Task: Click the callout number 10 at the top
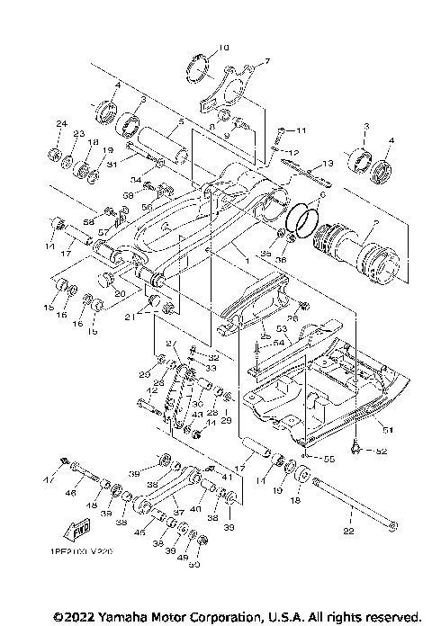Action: (224, 47)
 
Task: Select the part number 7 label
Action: (266, 62)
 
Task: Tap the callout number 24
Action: (61, 123)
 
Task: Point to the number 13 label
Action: (327, 162)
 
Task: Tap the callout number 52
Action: (381, 451)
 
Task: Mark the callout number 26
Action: (293, 317)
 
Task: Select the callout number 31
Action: (111, 164)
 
